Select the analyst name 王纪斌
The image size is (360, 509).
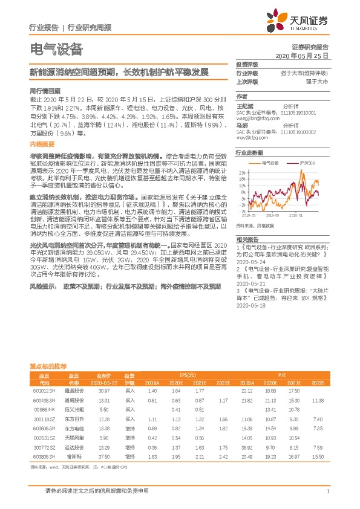click(x=243, y=105)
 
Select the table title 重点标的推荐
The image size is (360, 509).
click(x=48, y=366)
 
